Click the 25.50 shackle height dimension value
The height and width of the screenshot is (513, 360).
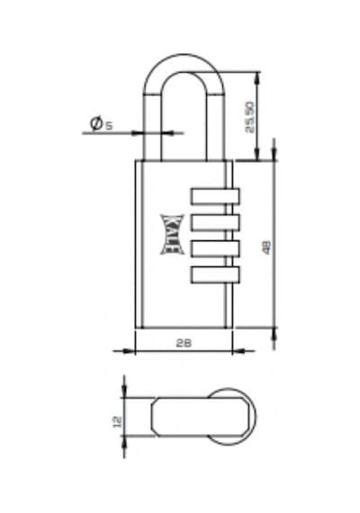click(x=250, y=117)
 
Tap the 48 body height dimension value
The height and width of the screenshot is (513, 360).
click(x=267, y=247)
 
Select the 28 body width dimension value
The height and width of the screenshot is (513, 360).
click(x=184, y=343)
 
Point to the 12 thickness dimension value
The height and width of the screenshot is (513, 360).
click(x=117, y=421)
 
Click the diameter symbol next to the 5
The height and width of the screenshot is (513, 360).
click(x=96, y=123)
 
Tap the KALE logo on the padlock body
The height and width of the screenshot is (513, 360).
click(x=172, y=234)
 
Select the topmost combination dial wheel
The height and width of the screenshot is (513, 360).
click(x=215, y=196)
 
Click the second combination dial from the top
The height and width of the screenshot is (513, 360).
click(x=215, y=222)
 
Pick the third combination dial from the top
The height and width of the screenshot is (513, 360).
click(x=215, y=248)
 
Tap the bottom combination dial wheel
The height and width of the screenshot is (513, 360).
click(x=215, y=274)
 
